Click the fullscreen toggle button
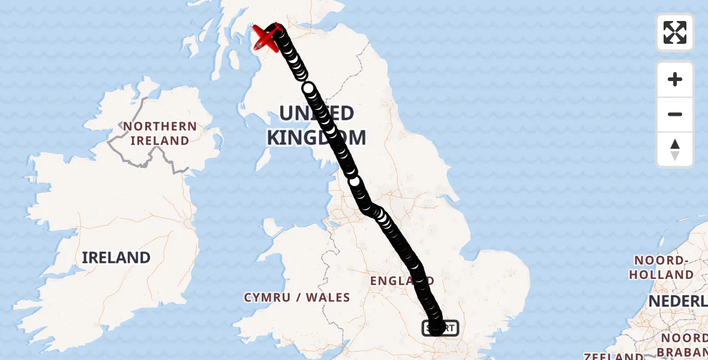[675, 32]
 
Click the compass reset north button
[675, 149]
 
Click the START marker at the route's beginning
[441, 328]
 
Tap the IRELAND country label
[116, 257]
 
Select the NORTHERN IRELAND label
[160, 133]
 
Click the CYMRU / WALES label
[297, 297]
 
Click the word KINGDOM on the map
[316, 137]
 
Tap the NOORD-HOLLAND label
[664, 268]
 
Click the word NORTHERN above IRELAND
[160, 126]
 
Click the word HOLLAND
[664, 275]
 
